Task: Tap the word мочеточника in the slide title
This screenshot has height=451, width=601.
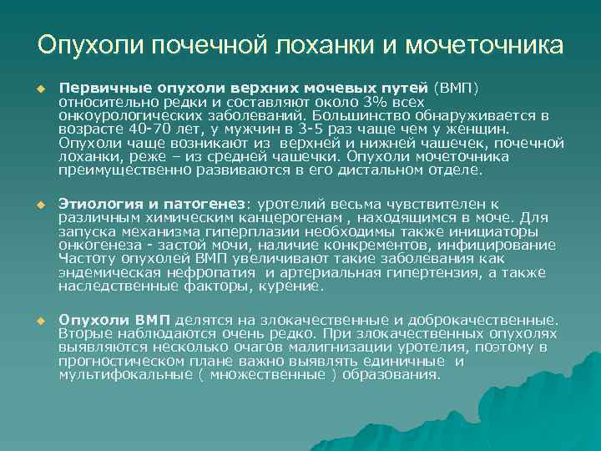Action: [484, 44]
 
